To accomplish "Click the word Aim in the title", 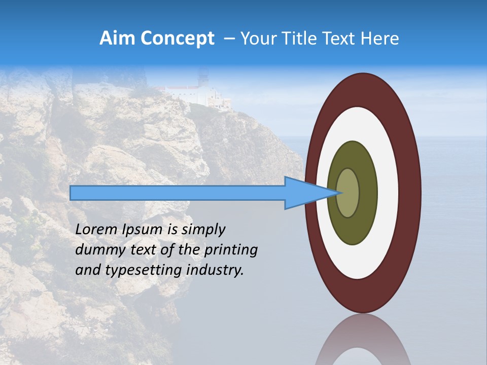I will pyautogui.click(x=117, y=39).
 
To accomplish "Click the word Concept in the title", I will pyautogui.click(x=177, y=39).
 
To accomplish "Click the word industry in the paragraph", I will pyautogui.click(x=215, y=270).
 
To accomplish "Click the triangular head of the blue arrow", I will pyautogui.click(x=304, y=193).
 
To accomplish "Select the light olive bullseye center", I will pyautogui.click(x=348, y=193).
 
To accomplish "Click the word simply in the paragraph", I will pyautogui.click(x=203, y=230).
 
